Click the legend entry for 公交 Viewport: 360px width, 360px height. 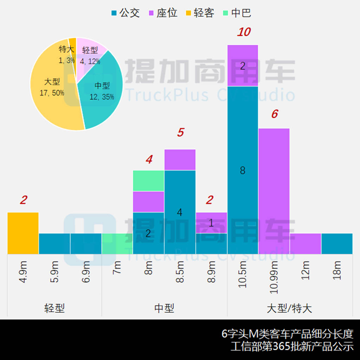coord(126,13)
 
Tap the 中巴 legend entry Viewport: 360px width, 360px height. coord(237,13)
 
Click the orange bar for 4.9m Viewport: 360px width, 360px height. coord(23,233)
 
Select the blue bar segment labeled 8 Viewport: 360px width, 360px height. coord(243,170)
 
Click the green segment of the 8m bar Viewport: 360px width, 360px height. coord(148,181)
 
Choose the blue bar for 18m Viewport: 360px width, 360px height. coord(337,244)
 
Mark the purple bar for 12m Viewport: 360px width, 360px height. coord(305,244)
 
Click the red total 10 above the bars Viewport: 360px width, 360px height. coord(244,32)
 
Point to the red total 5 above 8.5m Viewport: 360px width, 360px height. coord(180,133)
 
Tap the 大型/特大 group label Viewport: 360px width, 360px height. coord(289,309)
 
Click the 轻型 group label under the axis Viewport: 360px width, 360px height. coord(54,309)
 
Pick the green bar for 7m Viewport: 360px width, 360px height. coord(117,244)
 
